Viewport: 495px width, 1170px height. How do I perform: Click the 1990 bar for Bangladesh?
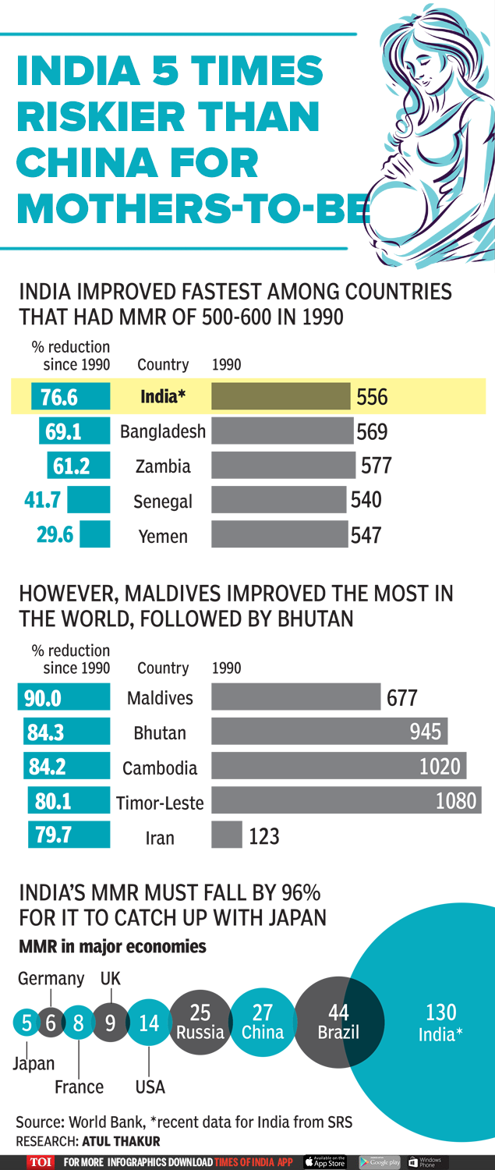tap(282, 431)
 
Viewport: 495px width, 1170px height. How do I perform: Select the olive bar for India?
tap(281, 397)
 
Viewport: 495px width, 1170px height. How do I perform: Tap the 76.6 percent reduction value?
tap(59, 398)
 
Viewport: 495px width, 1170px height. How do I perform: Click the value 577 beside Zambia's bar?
tap(376, 466)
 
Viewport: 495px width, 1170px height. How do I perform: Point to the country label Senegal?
tap(162, 502)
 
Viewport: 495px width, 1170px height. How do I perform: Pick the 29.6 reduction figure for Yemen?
tap(55, 536)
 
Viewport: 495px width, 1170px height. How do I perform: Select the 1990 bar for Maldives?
tap(295, 697)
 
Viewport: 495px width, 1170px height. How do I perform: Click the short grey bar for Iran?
tap(226, 836)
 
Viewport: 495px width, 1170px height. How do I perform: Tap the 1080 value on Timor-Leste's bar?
tap(455, 801)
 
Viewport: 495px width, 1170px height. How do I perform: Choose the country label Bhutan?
tap(160, 733)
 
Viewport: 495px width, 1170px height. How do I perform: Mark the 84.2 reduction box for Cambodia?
tap(48, 768)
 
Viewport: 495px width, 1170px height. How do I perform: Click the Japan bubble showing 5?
tap(27, 1023)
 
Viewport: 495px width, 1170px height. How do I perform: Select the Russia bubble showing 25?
tap(200, 1023)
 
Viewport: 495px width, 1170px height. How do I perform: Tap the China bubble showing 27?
tap(263, 1023)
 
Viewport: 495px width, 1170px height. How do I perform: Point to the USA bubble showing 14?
tap(149, 1023)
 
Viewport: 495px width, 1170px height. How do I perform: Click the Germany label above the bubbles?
tap(51, 978)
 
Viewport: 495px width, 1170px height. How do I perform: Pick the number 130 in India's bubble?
tap(440, 1012)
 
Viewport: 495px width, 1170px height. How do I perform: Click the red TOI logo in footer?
tap(41, 1162)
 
